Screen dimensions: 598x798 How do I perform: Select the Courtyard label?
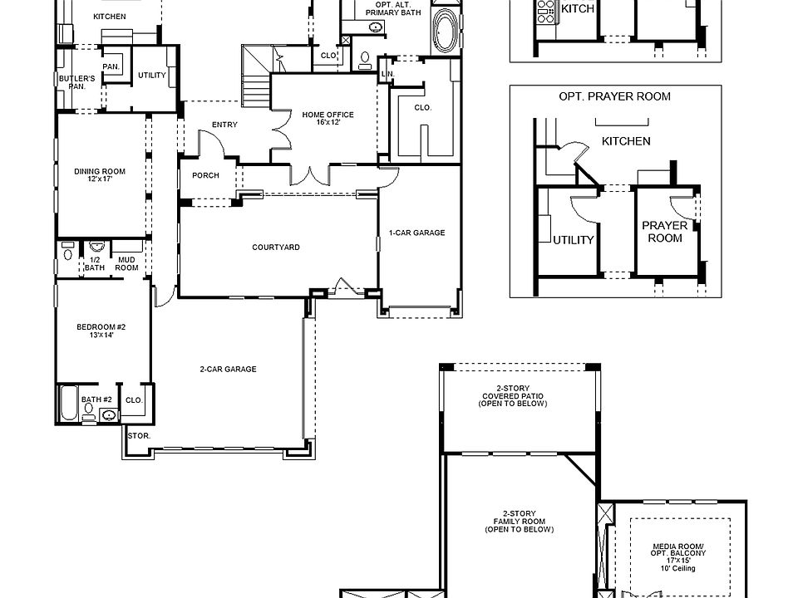point(276,248)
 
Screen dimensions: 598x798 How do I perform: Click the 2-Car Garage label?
point(227,370)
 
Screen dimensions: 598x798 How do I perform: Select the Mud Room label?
point(126,263)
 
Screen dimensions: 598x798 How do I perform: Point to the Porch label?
point(205,176)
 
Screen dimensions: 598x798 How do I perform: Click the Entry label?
point(224,125)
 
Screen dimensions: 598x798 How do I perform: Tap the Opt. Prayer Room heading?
point(614,96)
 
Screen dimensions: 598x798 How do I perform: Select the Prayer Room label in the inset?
point(664,232)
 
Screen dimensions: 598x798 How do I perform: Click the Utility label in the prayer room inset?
point(574,241)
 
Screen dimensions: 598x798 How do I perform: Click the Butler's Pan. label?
point(77,82)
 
